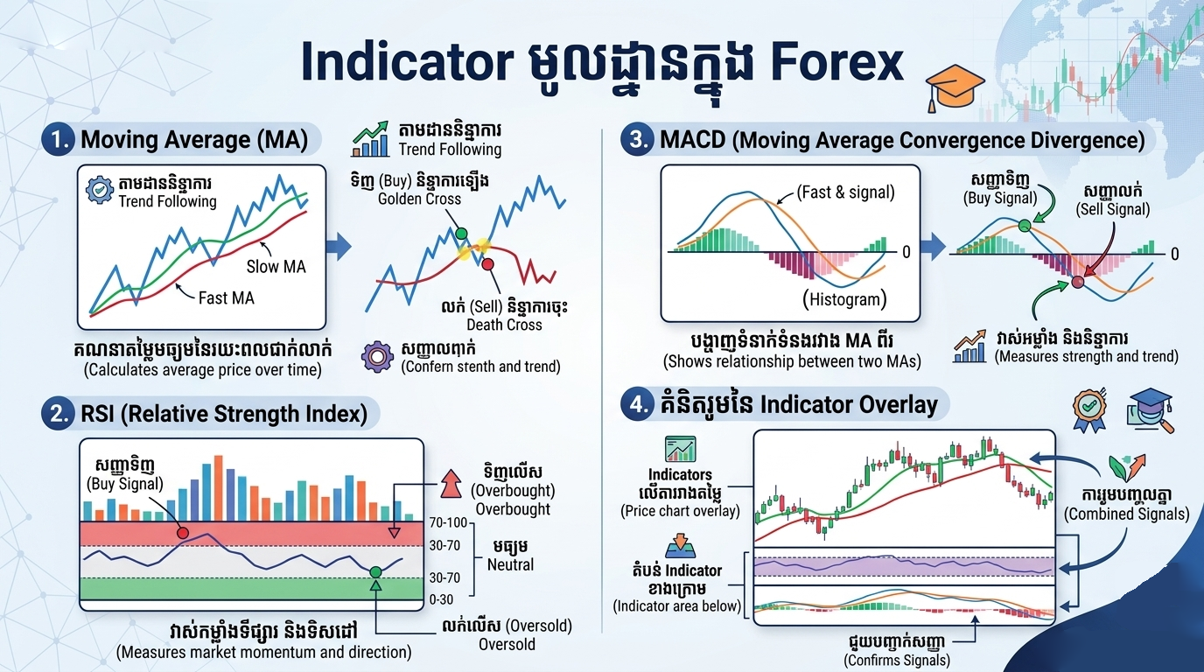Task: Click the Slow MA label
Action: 276,266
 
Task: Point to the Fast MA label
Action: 226,297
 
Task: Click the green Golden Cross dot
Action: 462,234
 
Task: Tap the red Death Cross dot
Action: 488,263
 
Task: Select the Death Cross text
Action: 504,325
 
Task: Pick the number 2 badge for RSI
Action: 58,413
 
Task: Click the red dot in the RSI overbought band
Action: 182,532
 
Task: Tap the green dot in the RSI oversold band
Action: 375,571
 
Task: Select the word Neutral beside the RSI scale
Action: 510,565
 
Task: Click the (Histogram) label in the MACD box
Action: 844,300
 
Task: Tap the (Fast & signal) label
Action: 845,192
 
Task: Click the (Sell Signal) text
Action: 1112,209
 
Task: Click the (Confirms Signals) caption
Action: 896,660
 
